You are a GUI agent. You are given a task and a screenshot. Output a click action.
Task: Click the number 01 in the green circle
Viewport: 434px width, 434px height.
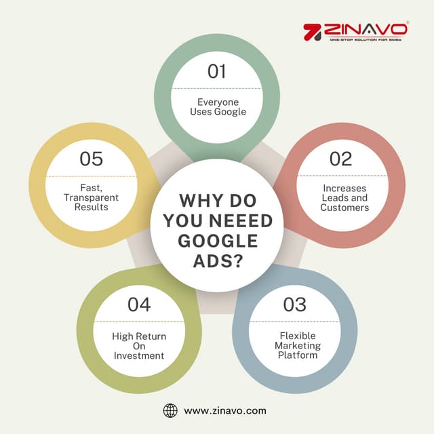[x=216, y=71]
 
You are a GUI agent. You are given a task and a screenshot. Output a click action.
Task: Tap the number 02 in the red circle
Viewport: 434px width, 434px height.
[x=341, y=159]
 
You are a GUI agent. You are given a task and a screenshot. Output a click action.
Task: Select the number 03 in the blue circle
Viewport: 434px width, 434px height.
[x=294, y=304]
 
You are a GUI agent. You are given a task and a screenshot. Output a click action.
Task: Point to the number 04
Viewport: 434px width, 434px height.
[x=139, y=304]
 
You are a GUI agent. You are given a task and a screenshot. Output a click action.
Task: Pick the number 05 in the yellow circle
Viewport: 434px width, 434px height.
[x=91, y=159]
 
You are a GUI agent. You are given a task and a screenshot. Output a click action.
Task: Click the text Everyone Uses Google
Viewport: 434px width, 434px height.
[x=217, y=106]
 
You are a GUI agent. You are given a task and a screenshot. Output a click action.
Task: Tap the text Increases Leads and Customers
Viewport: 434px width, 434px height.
[x=344, y=197]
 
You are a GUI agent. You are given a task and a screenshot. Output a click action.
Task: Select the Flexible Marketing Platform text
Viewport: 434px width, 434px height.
[x=298, y=345]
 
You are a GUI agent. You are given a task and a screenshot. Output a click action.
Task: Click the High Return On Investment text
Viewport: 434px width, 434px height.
[x=139, y=346]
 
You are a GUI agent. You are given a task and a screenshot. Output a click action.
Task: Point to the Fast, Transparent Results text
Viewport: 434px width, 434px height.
[x=91, y=197]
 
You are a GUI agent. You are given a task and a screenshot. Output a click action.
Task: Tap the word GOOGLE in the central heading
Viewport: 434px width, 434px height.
[x=217, y=241]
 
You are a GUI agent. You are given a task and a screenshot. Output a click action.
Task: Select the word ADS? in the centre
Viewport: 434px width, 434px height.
[x=217, y=262]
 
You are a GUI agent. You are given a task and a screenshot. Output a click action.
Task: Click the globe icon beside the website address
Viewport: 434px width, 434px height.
[x=170, y=410]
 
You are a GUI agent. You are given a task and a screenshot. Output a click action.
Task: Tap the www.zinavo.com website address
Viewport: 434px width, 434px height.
[x=225, y=410]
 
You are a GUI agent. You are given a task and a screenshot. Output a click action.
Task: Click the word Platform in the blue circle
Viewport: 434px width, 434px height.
[x=298, y=355]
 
